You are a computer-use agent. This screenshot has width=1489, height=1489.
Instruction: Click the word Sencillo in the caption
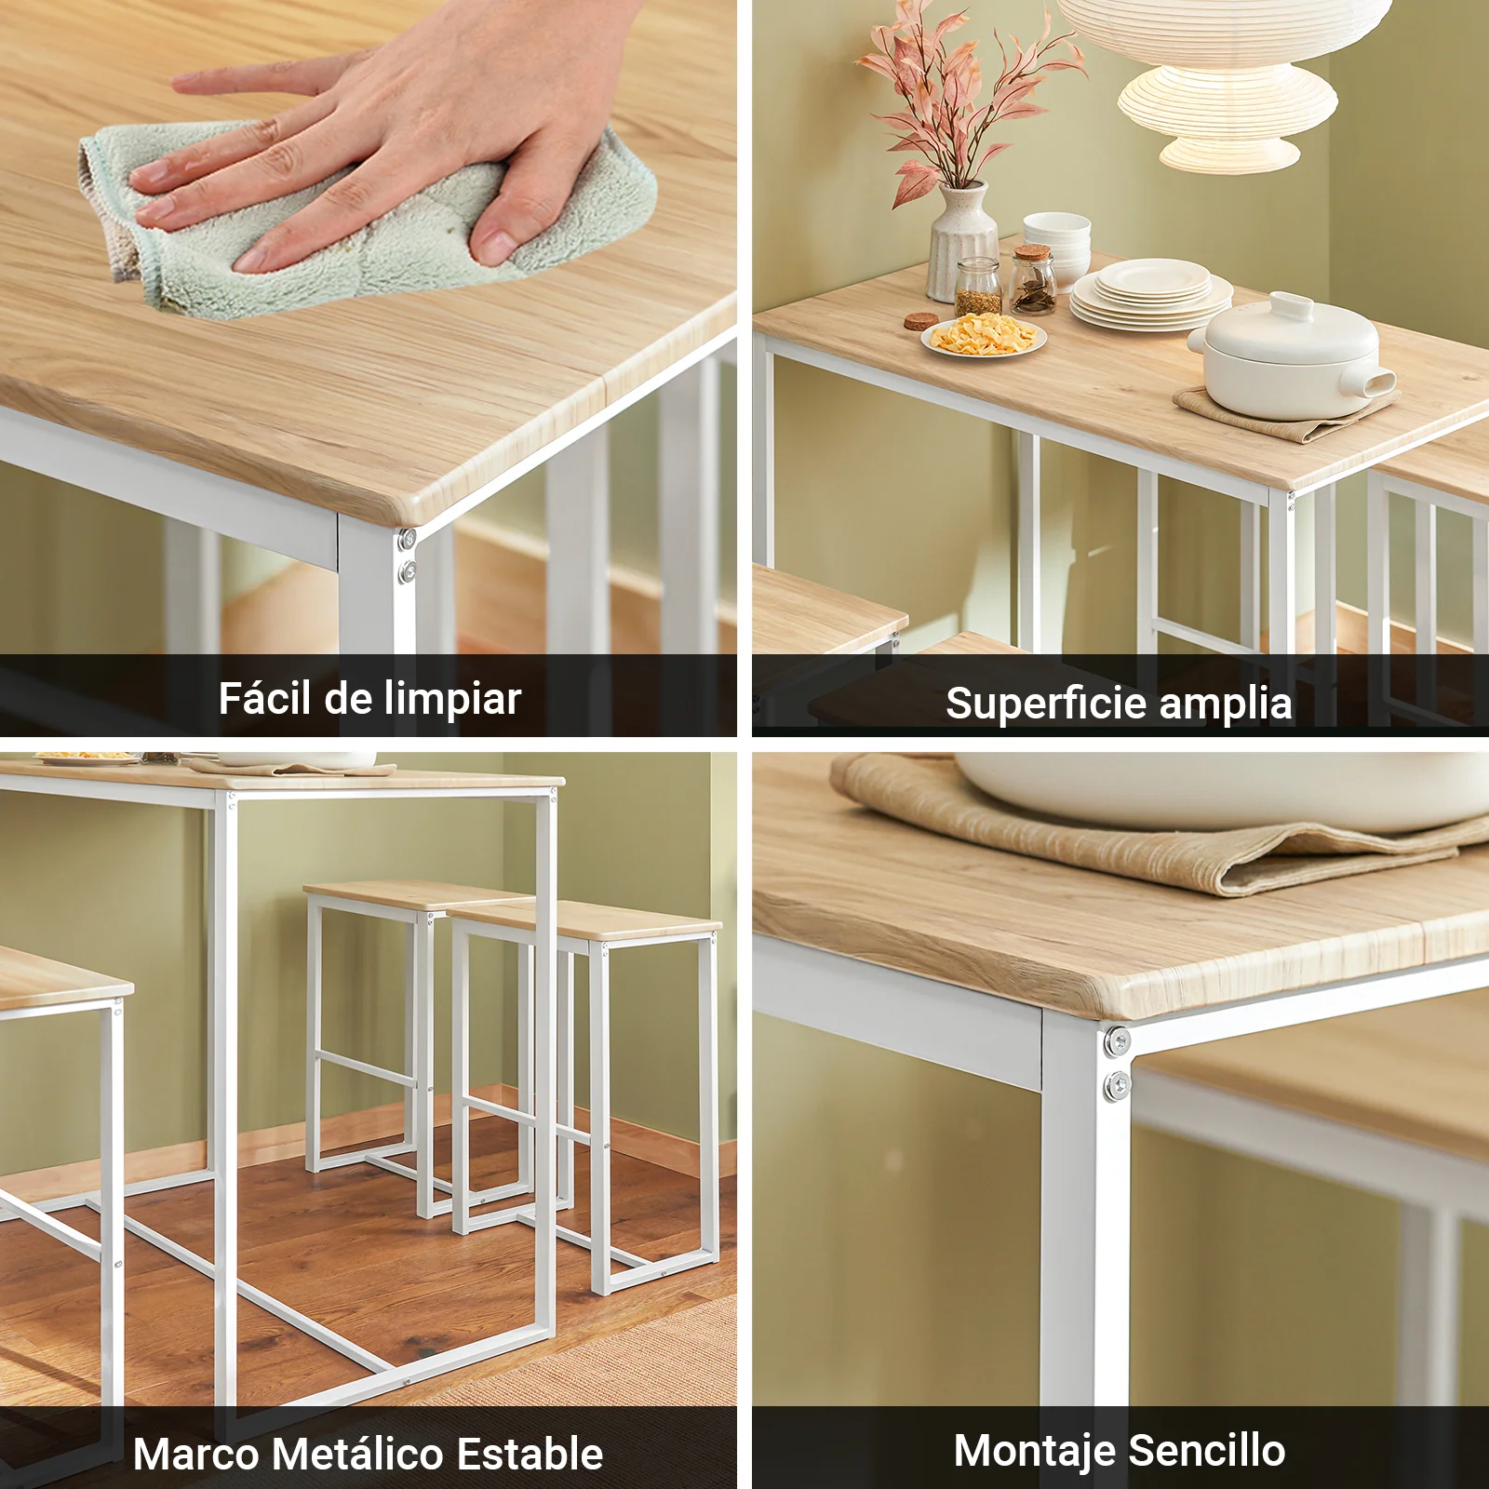1207,1451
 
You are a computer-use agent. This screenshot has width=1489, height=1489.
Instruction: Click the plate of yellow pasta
984,335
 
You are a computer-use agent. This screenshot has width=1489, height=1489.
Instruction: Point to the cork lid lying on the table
921,322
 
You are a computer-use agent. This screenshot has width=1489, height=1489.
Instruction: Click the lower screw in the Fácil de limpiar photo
408,571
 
